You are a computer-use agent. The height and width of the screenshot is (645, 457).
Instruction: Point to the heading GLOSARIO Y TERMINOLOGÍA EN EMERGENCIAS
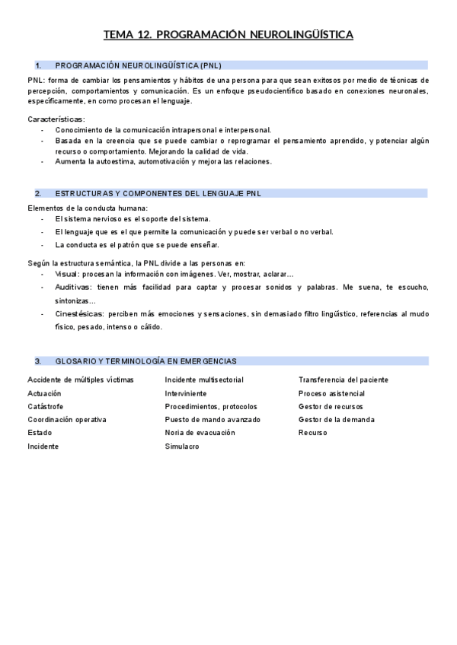point(145,361)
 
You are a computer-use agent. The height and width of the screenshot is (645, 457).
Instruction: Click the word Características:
point(56,119)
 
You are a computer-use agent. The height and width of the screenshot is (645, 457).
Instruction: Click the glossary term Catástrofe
point(46,407)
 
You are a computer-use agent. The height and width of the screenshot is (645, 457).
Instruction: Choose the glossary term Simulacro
point(182,446)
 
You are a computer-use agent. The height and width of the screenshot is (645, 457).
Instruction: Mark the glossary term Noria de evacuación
point(200,433)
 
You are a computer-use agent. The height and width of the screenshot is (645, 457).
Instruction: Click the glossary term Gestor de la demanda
point(337,420)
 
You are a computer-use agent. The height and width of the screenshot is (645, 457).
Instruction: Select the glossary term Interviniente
point(186,394)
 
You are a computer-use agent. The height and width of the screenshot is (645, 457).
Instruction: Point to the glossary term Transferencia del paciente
point(343,380)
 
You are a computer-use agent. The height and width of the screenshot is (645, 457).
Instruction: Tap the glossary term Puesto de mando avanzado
point(213,420)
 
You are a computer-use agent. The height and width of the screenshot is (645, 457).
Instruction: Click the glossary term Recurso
point(313,433)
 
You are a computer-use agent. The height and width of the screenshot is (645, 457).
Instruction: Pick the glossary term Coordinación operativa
point(67,420)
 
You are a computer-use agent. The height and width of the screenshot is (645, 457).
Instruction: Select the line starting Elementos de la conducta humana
point(88,208)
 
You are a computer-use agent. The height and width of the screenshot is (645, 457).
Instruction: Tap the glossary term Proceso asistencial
point(331,394)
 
